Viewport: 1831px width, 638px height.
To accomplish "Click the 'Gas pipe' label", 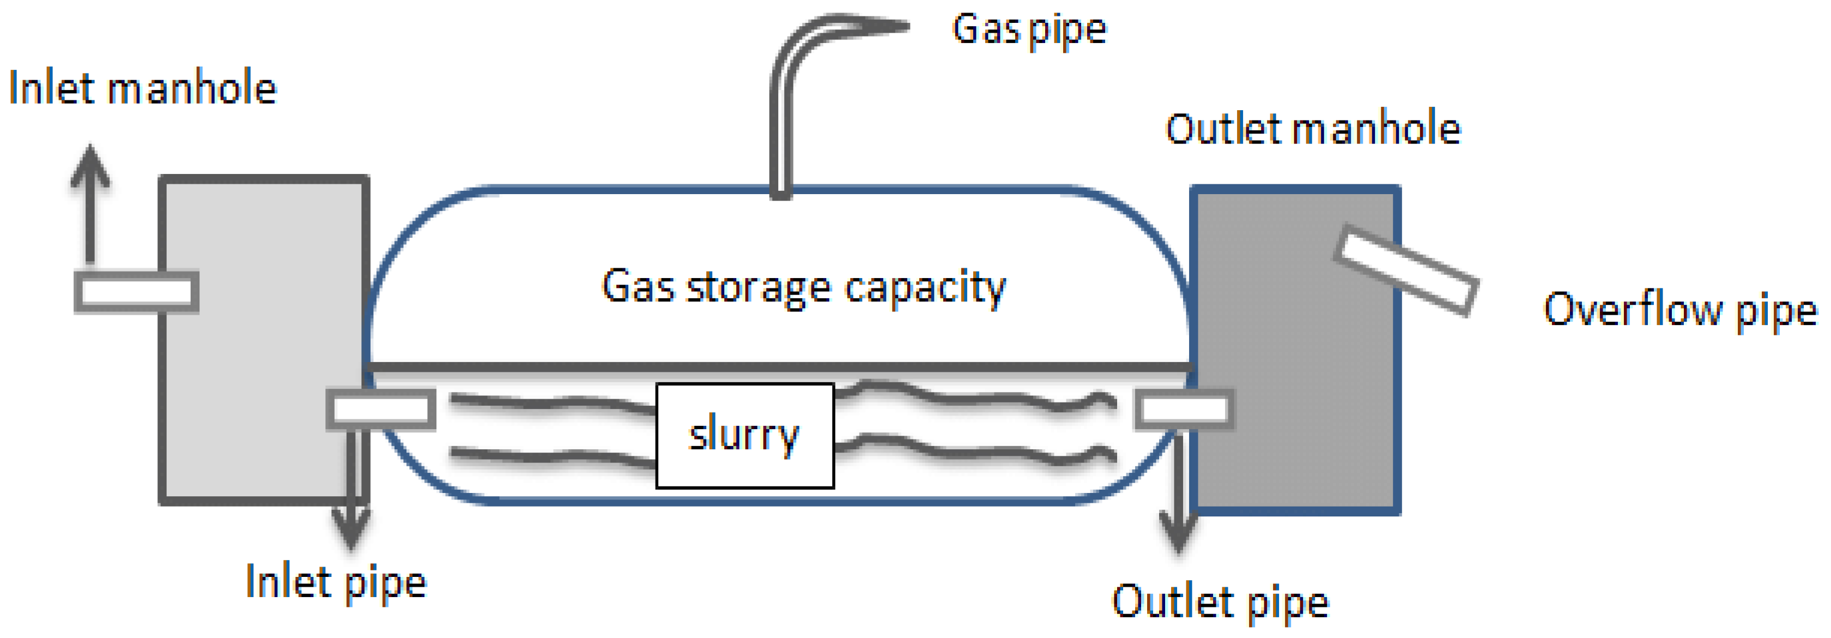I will click(1028, 31).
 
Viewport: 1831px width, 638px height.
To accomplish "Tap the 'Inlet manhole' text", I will click(142, 89).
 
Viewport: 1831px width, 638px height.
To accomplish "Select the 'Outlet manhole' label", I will click(1312, 129).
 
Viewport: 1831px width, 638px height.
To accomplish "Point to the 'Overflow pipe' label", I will click(1680, 311).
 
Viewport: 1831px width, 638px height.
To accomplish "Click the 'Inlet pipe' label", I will click(336, 583).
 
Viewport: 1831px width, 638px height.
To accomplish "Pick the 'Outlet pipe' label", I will click(1220, 603).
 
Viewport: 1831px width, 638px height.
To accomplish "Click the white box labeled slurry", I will click(744, 435).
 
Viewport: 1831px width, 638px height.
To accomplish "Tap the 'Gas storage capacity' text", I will click(803, 287).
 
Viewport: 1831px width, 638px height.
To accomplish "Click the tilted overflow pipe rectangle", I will click(1405, 270).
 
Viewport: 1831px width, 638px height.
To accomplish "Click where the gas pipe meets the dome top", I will click(780, 191).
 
